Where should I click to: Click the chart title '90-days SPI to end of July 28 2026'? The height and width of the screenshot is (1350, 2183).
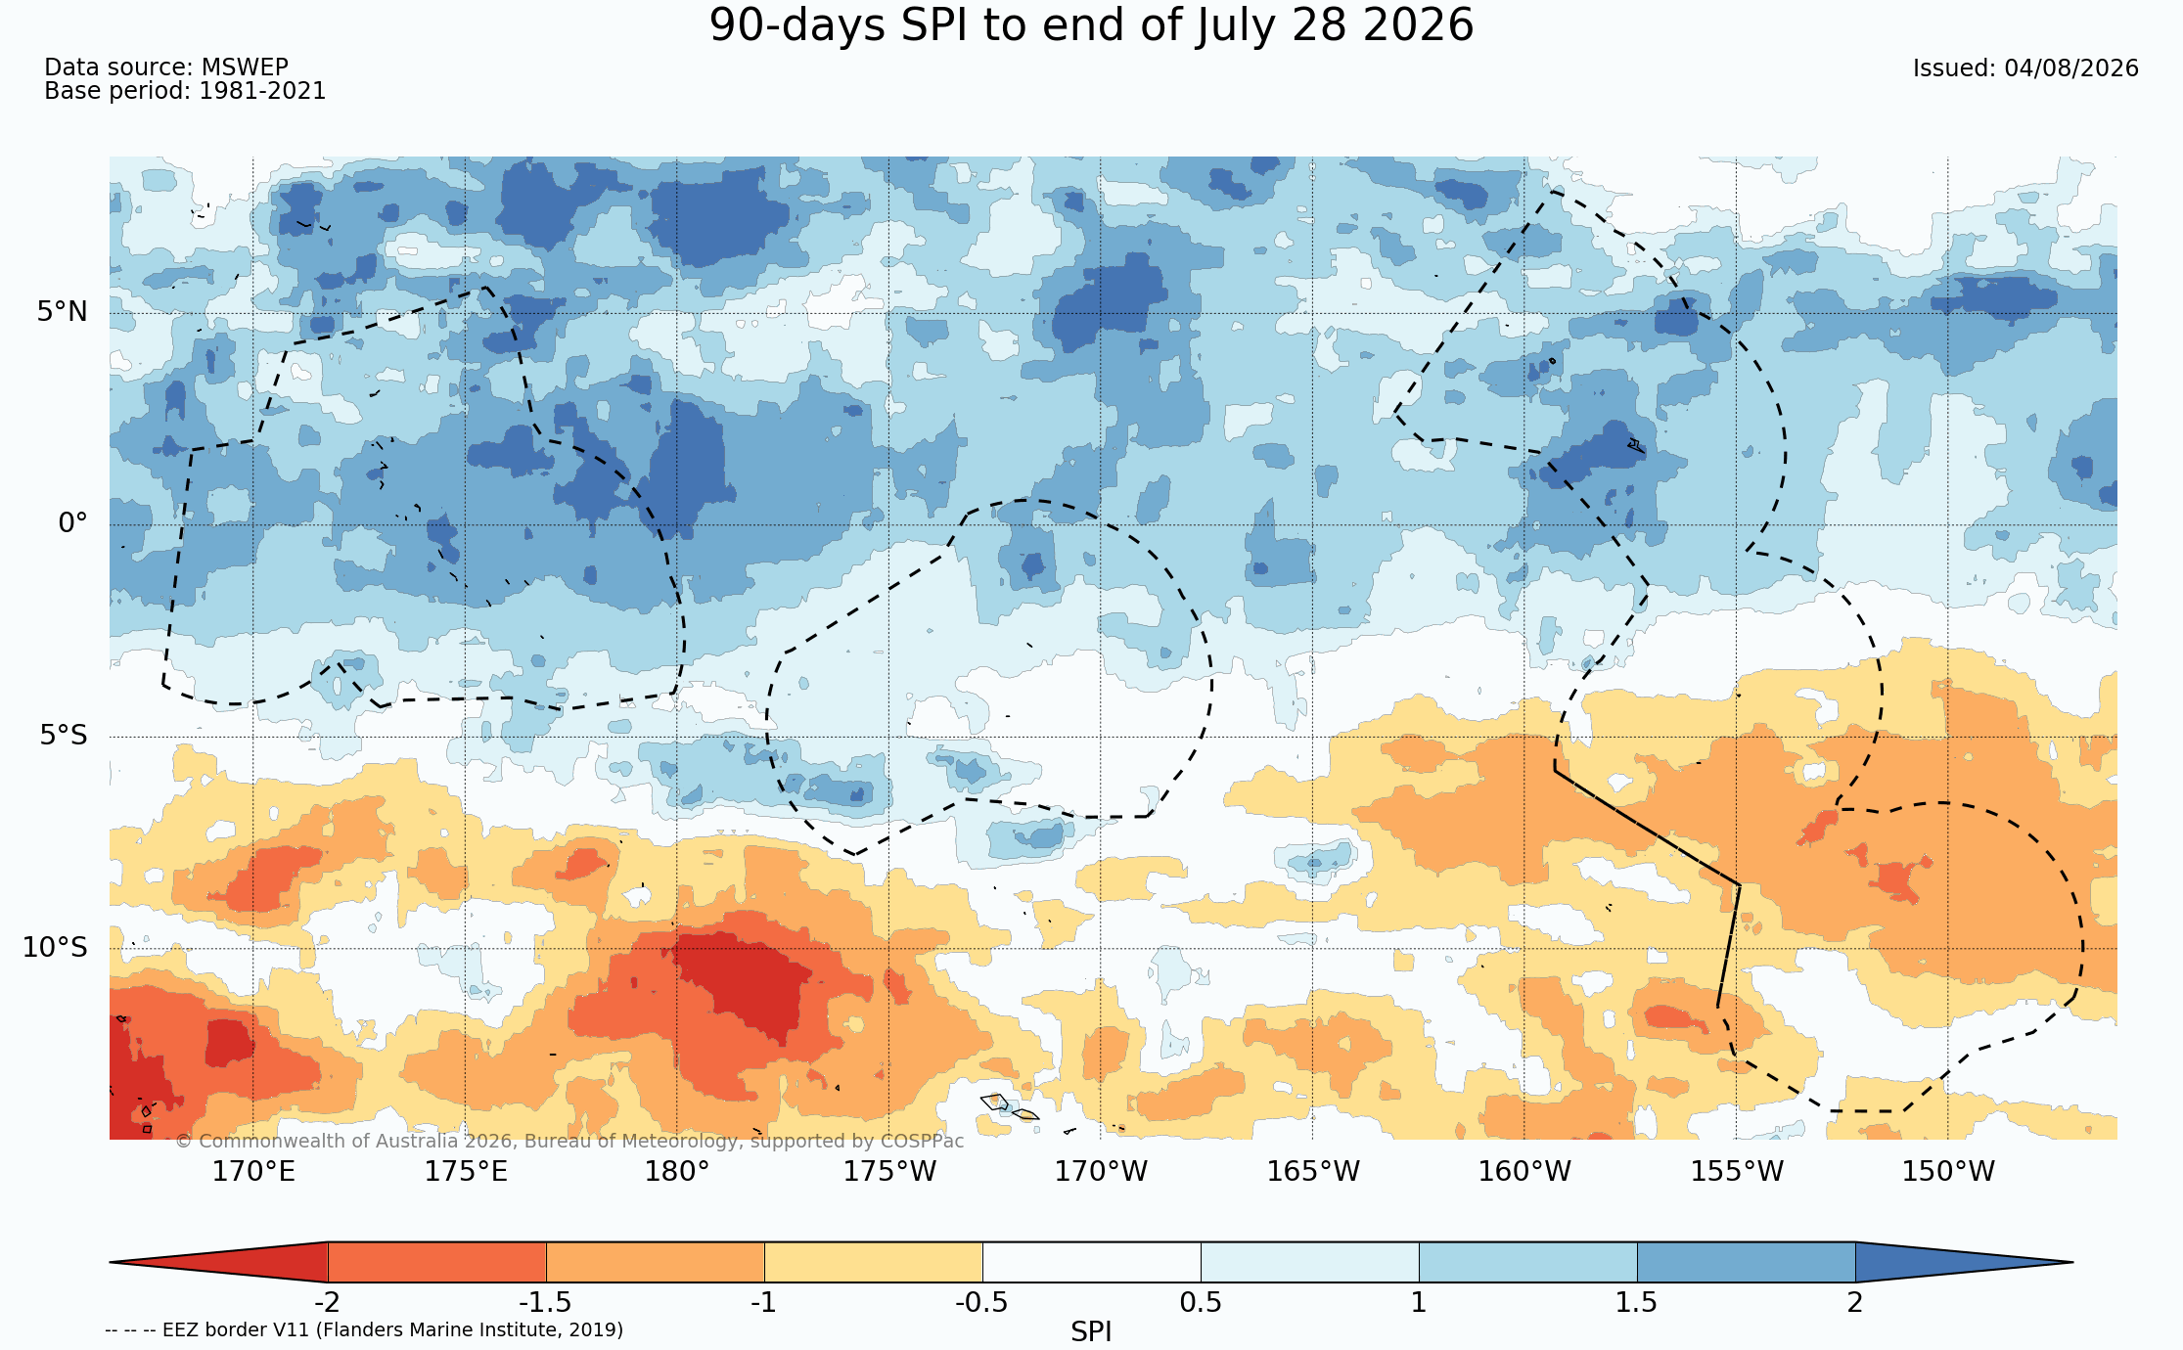click(1091, 26)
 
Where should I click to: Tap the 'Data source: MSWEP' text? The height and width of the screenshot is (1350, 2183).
click(166, 67)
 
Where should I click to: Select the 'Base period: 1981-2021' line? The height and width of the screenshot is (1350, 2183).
click(185, 91)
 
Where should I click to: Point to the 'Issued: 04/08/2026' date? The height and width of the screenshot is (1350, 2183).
click(2025, 68)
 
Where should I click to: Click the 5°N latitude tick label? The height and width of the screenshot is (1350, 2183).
click(63, 312)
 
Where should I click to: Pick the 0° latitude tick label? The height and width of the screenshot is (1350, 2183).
click(72, 523)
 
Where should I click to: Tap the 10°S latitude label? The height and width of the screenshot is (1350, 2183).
click(55, 947)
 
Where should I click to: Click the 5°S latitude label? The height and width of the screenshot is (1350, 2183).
click(64, 735)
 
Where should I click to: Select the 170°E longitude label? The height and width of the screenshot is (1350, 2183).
click(253, 1171)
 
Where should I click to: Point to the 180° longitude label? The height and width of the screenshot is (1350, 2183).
click(677, 1171)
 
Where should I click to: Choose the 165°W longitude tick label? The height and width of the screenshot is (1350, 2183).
click(1313, 1171)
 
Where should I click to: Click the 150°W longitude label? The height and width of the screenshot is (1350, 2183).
click(1948, 1171)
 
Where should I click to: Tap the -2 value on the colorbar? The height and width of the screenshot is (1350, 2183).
click(327, 1303)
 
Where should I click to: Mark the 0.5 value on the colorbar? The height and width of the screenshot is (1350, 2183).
click(1201, 1303)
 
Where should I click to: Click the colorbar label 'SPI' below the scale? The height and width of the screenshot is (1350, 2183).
click(1091, 1332)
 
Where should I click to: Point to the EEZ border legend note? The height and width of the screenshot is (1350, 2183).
click(364, 1329)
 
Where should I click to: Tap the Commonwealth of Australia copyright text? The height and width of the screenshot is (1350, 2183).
click(569, 1141)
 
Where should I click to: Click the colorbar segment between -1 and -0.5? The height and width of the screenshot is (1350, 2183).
click(874, 1262)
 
